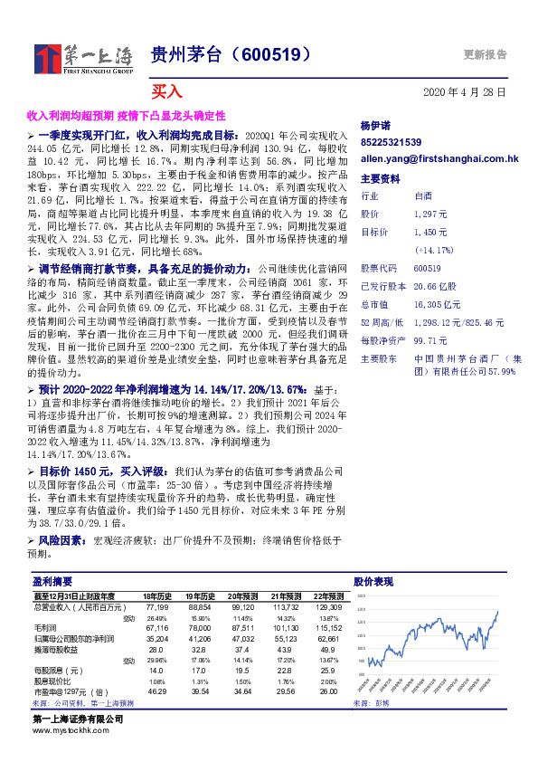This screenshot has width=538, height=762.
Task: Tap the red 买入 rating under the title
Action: coord(166,92)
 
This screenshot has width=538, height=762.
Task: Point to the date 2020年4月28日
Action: coord(465,92)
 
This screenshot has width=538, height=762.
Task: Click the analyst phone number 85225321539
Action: coord(391,142)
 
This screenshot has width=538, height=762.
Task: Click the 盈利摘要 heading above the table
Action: coord(52,582)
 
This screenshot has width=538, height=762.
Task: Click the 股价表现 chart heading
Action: coord(373,582)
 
